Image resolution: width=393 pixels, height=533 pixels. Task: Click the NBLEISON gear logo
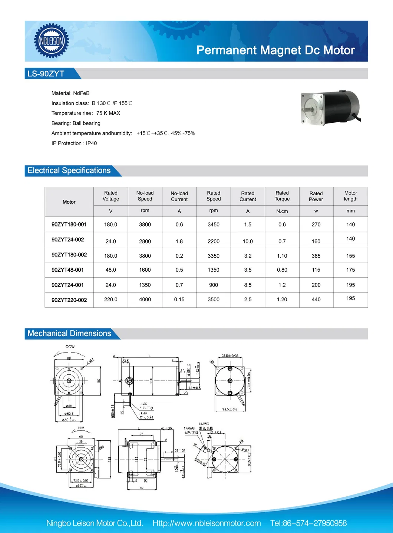[x=52, y=41]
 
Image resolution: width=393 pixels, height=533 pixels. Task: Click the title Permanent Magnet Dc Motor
[x=275, y=50]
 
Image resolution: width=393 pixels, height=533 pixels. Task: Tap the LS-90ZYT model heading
[x=46, y=74]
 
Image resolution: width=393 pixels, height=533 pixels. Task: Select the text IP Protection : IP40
[x=74, y=143]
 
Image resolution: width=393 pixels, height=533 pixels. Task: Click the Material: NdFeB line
[x=70, y=93]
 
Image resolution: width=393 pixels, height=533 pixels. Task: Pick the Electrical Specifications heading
[x=69, y=171]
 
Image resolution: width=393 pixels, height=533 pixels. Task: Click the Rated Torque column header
[x=282, y=196]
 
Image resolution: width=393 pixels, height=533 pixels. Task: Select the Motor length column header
[x=350, y=196]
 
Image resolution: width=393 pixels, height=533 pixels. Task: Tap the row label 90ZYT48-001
[x=67, y=270]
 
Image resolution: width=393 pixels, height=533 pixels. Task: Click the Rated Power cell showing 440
[x=316, y=299]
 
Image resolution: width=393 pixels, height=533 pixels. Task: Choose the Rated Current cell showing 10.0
[x=248, y=241]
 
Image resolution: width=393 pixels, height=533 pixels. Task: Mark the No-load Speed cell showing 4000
[x=145, y=299]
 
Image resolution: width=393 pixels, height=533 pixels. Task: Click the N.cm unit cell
[x=282, y=211]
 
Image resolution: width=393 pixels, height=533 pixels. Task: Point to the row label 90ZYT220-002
[x=69, y=300]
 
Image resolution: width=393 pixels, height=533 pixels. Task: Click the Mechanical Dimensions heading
[x=69, y=334]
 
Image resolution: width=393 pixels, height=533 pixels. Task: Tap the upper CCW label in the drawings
[x=70, y=347]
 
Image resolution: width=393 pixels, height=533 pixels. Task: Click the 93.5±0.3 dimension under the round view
[x=230, y=409]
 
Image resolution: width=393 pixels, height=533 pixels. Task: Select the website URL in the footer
[x=207, y=523]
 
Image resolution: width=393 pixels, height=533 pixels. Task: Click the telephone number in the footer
[x=308, y=523]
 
